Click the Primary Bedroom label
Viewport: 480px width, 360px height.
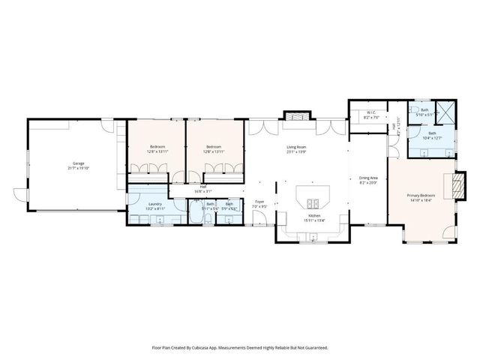[x=420, y=196]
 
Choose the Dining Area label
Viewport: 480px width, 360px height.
[x=367, y=178]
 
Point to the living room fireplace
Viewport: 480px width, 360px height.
[x=296, y=117]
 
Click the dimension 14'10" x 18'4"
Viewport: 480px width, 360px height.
[x=420, y=201]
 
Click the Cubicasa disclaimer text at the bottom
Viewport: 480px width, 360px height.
[x=240, y=347]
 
